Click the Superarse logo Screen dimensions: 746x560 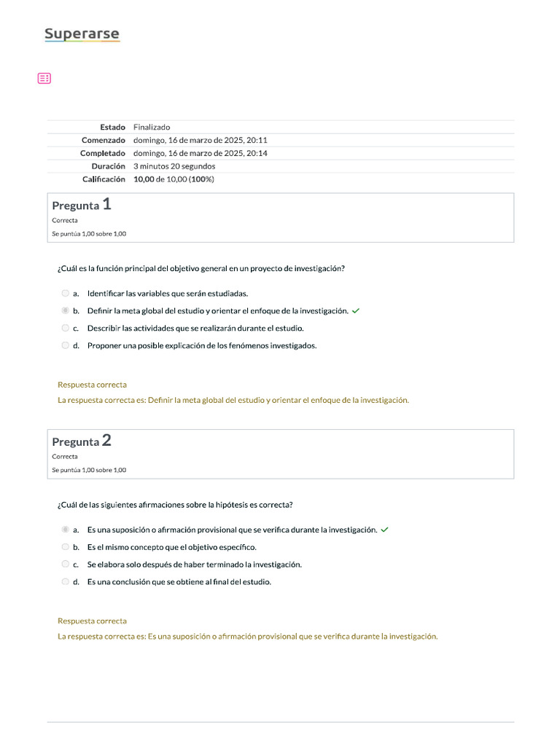click(x=82, y=34)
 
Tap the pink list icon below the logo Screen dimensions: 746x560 click(x=44, y=78)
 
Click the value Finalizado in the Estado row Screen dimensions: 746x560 click(x=152, y=127)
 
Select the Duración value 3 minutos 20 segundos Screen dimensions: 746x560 click(x=174, y=166)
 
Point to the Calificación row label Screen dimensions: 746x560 click(x=103, y=179)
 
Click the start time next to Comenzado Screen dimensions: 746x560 click(x=201, y=140)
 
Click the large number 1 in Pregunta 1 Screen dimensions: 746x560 click(x=107, y=205)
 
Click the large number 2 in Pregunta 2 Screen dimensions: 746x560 click(x=107, y=440)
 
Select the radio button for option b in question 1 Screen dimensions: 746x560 click(x=66, y=310)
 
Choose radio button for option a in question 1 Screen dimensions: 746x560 click(x=66, y=293)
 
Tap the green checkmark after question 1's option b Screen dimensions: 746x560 click(x=356, y=310)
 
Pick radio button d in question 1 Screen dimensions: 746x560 click(x=66, y=345)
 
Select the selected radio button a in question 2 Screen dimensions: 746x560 click(x=66, y=530)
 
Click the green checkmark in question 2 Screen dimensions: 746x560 click(x=385, y=530)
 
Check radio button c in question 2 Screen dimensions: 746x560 click(x=66, y=565)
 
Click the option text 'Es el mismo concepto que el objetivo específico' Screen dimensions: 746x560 click(x=171, y=547)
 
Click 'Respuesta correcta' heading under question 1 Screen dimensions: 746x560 click(x=92, y=385)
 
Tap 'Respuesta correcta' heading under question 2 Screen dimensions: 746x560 click(x=92, y=621)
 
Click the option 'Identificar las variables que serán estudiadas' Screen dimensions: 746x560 click(x=168, y=293)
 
